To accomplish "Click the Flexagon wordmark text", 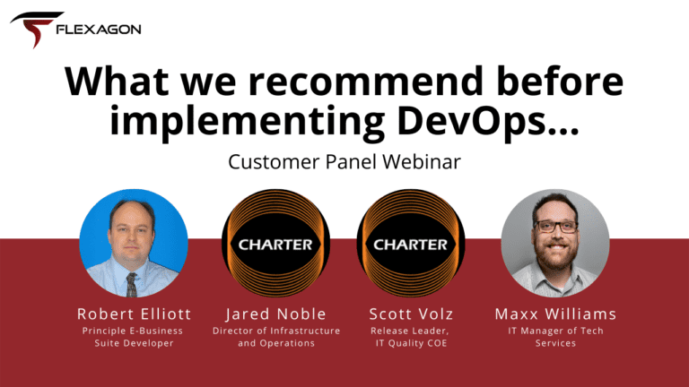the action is point(99,30).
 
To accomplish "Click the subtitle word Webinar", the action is point(422,161).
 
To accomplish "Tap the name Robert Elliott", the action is point(134,314).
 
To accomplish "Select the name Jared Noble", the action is point(276,314).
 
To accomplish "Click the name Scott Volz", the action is point(411,314).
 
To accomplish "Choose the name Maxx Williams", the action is point(555,314).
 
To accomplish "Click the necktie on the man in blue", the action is point(131,284).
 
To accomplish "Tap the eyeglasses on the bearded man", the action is point(555,227).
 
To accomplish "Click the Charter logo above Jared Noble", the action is point(275,243).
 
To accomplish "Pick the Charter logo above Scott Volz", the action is point(411,243).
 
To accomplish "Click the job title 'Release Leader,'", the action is point(409,331).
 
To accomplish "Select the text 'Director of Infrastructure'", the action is point(276,331).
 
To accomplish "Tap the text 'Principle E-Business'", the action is point(133,331).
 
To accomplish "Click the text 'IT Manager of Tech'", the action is point(556,331).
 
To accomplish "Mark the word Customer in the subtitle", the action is point(275,161).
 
